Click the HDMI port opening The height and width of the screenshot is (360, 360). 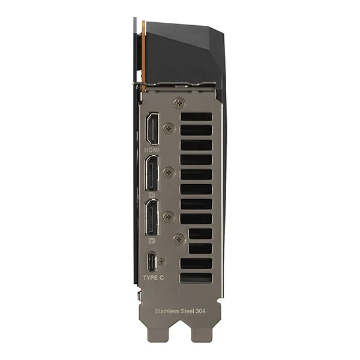152,128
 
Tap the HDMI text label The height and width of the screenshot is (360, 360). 152,150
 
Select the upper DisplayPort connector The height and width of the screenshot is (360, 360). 152,173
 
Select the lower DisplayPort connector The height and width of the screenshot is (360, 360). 151,217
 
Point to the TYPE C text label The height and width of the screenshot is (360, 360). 154,278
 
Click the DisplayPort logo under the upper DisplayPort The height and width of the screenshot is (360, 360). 152,196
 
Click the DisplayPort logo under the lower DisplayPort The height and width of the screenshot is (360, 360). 152,241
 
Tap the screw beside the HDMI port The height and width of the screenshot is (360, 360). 169,128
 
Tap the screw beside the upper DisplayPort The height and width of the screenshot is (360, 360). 169,172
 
